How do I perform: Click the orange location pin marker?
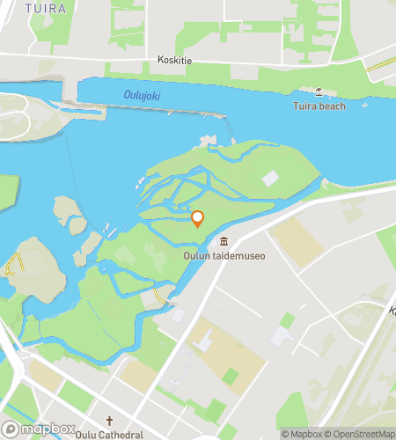click(198, 219)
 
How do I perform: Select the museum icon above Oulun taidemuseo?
click(224, 242)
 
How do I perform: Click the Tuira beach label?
click(319, 106)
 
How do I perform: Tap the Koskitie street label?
click(172, 61)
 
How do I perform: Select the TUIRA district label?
click(45, 8)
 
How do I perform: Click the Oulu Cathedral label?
click(110, 435)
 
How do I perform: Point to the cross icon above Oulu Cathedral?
click(110, 422)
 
